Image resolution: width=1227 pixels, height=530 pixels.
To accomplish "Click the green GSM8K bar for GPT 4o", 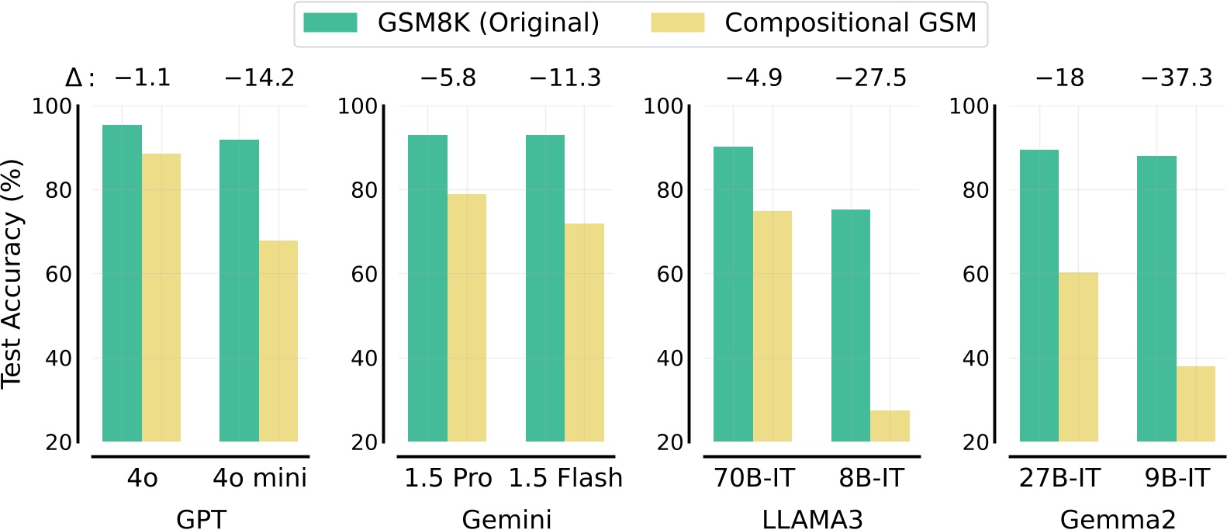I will tap(122, 283).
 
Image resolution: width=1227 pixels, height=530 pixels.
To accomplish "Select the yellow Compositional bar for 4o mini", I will tap(278, 341).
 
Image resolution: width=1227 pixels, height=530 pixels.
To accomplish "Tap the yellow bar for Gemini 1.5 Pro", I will tap(467, 318).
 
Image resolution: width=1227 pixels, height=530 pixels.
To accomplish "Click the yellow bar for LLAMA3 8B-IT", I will tap(890, 426).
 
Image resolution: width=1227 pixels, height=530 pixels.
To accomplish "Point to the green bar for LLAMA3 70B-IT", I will tap(733, 294).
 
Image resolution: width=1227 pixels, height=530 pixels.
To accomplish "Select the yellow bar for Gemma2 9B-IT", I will tap(1195, 404).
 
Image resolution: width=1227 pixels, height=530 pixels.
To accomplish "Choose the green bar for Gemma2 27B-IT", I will tap(1039, 296).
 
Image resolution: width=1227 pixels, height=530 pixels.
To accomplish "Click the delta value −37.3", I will tap(1176, 78).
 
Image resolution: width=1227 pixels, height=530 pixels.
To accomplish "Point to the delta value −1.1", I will tap(142, 78).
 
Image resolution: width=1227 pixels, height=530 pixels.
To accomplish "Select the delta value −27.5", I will tap(870, 78).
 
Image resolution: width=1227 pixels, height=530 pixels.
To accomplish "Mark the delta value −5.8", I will tap(448, 78).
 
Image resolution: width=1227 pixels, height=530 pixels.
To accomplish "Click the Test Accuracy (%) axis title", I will tap(12, 273).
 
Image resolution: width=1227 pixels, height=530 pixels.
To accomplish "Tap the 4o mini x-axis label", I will tap(260, 478).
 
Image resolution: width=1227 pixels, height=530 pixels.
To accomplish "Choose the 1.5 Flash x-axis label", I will tap(565, 478).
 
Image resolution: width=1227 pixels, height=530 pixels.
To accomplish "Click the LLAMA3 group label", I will tap(812, 519).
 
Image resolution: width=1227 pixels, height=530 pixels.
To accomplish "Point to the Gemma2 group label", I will tap(1118, 519).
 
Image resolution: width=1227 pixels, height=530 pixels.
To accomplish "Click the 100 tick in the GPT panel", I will tap(51, 106).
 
